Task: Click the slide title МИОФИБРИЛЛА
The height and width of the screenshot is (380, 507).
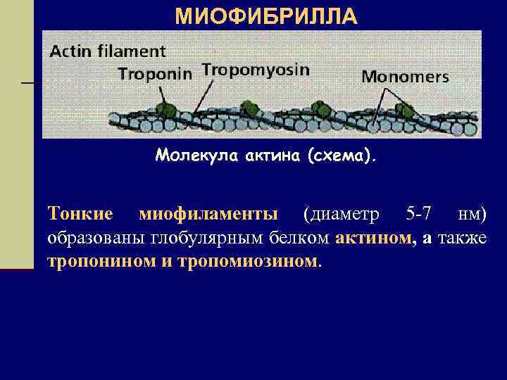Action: coord(266,16)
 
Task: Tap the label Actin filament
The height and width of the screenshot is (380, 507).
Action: coord(108,51)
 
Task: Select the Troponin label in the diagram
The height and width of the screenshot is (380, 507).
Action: coord(154,74)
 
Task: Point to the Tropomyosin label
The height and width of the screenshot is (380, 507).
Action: coord(256,69)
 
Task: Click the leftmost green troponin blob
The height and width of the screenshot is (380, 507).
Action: coord(166,109)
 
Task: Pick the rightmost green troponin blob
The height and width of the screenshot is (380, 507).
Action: coord(403,110)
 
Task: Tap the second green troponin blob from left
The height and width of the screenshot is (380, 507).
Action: coord(249,108)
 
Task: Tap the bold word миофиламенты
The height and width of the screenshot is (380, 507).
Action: coord(208,213)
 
